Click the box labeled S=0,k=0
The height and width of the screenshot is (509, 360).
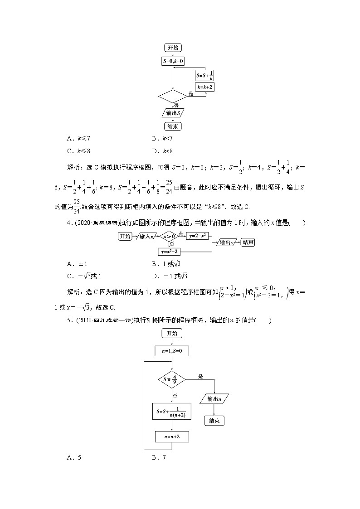173,61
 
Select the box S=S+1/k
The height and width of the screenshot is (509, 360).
204,75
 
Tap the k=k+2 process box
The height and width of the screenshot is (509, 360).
204,86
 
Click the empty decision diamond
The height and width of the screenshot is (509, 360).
173,96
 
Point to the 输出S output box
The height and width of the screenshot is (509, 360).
173,113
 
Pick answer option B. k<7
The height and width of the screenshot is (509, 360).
163,138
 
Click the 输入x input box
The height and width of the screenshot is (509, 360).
146,236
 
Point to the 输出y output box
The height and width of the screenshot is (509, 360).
226,242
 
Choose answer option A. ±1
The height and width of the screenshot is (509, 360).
74,264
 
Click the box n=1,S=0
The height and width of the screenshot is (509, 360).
172,351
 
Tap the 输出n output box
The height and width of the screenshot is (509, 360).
214,399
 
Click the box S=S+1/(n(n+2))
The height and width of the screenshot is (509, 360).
172,412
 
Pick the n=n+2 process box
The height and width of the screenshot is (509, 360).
172,436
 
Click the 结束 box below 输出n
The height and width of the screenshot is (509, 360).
214,421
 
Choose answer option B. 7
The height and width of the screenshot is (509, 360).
160,457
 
